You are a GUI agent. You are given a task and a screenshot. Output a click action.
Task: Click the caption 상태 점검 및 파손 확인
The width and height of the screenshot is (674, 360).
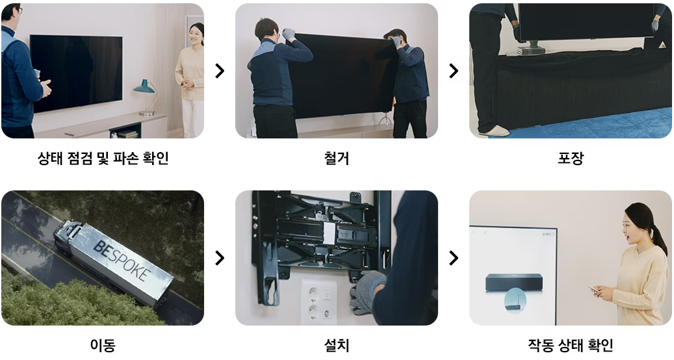103,158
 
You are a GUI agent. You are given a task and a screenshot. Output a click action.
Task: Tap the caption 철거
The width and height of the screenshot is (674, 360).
337,158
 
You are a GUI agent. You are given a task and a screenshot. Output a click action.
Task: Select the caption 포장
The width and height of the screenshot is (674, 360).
571,158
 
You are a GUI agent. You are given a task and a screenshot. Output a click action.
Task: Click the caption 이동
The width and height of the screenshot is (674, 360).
103,345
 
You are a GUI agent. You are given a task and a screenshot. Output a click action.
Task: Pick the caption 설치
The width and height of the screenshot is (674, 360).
337,345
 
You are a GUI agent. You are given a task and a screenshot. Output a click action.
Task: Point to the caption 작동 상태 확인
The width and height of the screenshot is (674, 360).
571,345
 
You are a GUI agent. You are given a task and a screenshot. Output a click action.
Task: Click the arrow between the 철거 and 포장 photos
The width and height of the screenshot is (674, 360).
454,71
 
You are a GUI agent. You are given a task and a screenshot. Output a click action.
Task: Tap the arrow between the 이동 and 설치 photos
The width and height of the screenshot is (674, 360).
220,258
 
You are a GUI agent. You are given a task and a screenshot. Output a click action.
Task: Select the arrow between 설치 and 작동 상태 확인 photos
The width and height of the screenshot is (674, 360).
454,258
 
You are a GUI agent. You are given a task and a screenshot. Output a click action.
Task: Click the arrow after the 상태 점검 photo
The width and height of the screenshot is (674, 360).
220,71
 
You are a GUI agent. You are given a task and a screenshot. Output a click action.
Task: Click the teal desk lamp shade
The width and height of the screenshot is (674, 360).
144,86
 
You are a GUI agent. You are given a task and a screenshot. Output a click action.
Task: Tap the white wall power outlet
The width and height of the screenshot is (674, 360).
317,303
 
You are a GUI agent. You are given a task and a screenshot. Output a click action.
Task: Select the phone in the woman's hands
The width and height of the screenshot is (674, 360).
593,290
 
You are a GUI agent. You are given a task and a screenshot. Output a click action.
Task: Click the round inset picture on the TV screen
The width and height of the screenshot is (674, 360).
514,300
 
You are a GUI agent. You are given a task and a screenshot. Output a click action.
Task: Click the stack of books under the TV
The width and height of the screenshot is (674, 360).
530,51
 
